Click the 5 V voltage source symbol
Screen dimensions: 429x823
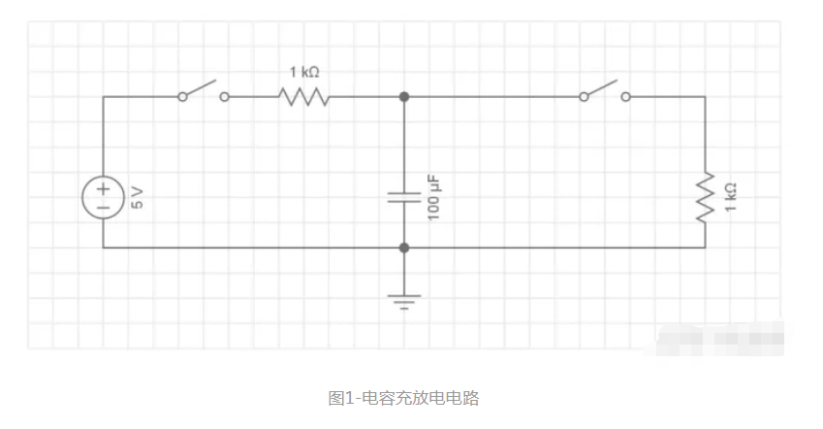102,198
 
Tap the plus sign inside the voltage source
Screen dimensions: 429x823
102,189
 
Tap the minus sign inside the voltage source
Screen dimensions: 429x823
102,208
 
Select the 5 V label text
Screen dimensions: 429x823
137,198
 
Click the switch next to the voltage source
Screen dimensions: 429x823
203,93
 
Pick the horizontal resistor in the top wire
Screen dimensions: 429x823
303,97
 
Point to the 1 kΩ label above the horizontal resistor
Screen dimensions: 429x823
304,72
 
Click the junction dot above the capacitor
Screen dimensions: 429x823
404,97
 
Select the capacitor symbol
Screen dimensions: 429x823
404,198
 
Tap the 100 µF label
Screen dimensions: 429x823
433,197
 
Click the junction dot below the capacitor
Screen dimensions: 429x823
404,247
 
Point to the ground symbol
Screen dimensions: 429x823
404,300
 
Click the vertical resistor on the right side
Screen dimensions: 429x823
706,198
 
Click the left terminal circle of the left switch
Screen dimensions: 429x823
181,97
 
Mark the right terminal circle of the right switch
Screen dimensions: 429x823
626,97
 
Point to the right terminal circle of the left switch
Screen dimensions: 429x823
225,97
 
